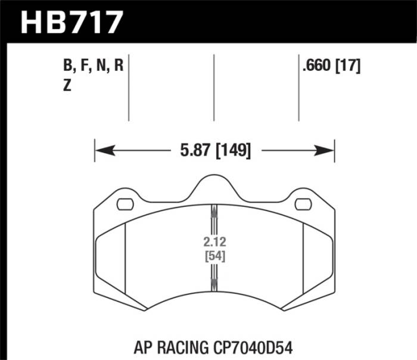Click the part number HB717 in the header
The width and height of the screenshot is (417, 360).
72,22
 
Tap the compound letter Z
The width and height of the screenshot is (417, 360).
67,86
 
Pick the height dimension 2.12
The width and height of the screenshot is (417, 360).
213,244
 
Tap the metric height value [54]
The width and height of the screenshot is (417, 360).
213,257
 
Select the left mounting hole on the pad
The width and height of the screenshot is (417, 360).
125,204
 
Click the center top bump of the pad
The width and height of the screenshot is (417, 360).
213,182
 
